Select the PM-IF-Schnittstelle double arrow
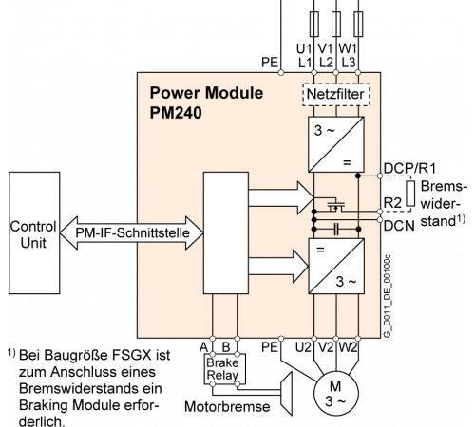(131, 232)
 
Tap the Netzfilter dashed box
(336, 94)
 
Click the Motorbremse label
(227, 407)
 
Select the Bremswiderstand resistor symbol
(410, 194)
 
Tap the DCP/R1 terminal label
(409, 168)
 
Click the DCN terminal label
(399, 226)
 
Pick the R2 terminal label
(392, 203)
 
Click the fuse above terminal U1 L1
(313, 24)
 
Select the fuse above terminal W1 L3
(358, 24)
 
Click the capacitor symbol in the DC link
(336, 229)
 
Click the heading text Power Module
(206, 93)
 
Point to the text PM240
(176, 113)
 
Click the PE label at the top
(270, 63)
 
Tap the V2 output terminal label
(326, 347)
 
